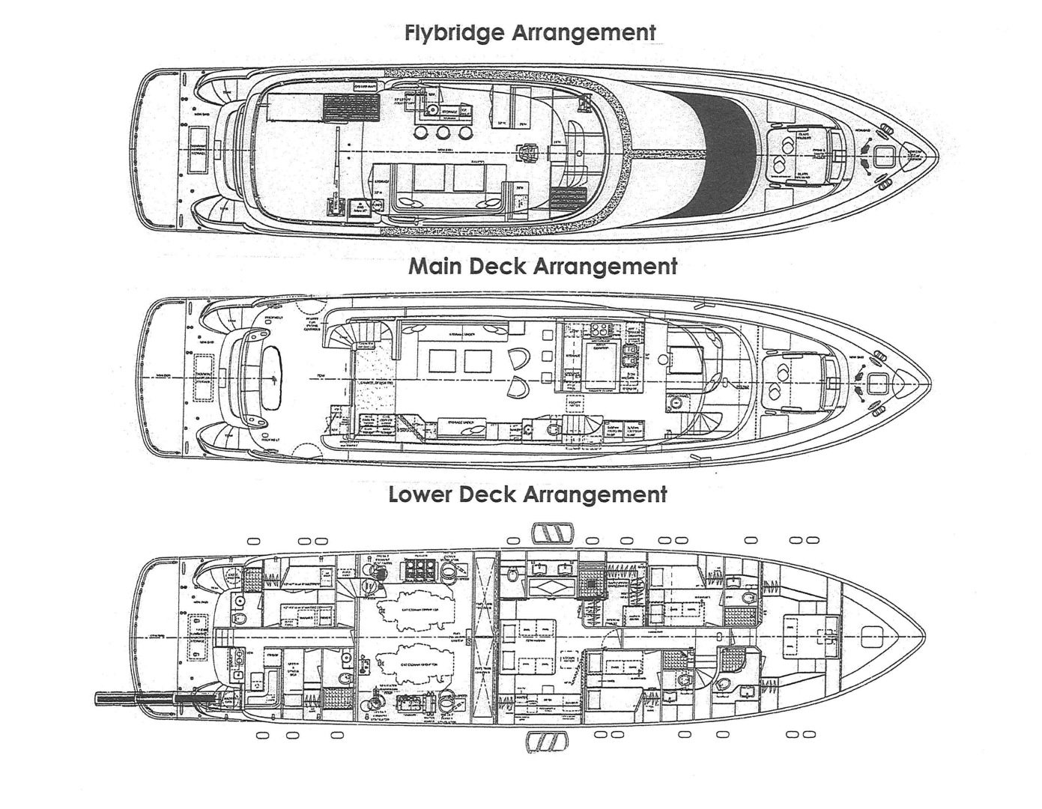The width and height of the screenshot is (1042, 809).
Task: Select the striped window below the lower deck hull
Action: pyautogui.click(x=547, y=742)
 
